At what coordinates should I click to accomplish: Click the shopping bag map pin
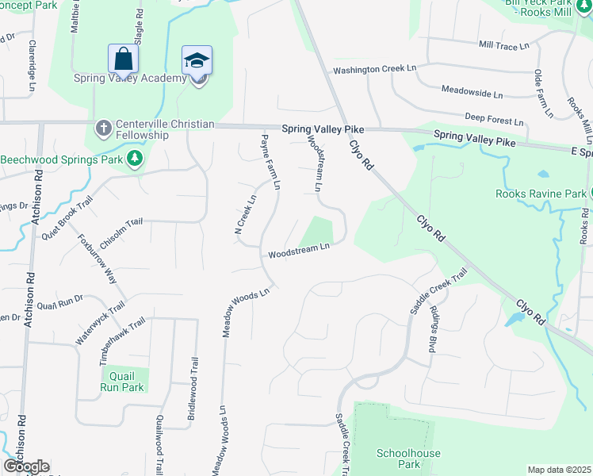pos(123,59)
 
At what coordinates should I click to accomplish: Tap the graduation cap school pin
pos(197,59)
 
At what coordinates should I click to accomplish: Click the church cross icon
pos(103,127)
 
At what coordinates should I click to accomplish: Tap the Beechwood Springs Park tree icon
pos(136,159)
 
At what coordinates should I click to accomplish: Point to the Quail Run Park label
pos(122,382)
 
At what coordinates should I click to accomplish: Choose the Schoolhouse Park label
pos(398,459)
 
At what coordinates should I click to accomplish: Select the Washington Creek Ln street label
pos(374,70)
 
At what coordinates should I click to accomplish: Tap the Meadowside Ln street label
pos(472,94)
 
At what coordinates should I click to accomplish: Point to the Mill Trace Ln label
pos(503,46)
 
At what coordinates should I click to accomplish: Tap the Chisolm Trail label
pos(121,224)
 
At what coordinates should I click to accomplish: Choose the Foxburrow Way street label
pos(96,259)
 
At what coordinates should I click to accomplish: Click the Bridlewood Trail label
pos(193,388)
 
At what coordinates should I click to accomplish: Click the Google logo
pos(26,466)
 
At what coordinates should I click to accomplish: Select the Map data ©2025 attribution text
pos(559,470)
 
